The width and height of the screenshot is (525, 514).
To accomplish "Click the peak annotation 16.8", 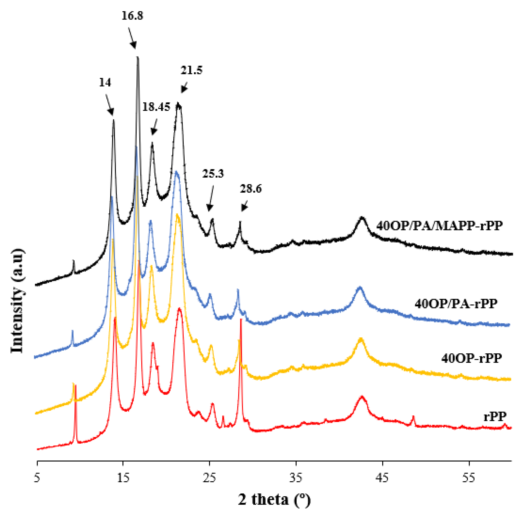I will pyautogui.click(x=132, y=16).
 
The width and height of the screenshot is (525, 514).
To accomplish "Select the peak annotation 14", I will pyautogui.click(x=105, y=83).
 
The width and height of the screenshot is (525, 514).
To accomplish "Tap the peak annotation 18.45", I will pyautogui.click(x=156, y=107).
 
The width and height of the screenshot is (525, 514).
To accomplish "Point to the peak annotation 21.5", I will pyautogui.click(x=192, y=70).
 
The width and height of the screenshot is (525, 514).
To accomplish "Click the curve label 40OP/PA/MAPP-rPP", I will pyautogui.click(x=439, y=225).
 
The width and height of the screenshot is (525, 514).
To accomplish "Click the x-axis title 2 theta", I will pyautogui.click(x=274, y=500).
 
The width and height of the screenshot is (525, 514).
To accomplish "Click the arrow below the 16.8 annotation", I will pyautogui.click(x=132, y=38).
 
